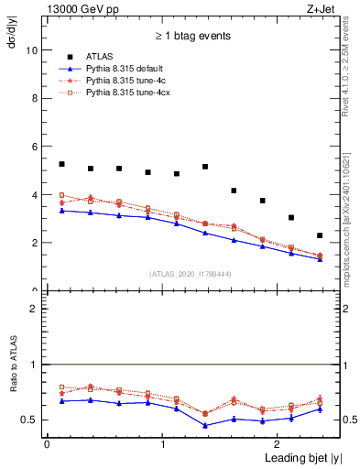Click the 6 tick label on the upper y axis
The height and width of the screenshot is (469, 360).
[x=35, y=147]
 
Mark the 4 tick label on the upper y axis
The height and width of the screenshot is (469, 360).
[x=35, y=195]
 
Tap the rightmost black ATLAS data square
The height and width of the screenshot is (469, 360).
[x=320, y=235]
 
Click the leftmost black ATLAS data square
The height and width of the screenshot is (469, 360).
[x=61, y=164]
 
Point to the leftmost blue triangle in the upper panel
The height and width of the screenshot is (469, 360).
[x=61, y=211]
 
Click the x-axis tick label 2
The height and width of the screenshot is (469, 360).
[x=279, y=444]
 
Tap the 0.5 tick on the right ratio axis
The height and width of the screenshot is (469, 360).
[x=339, y=420]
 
